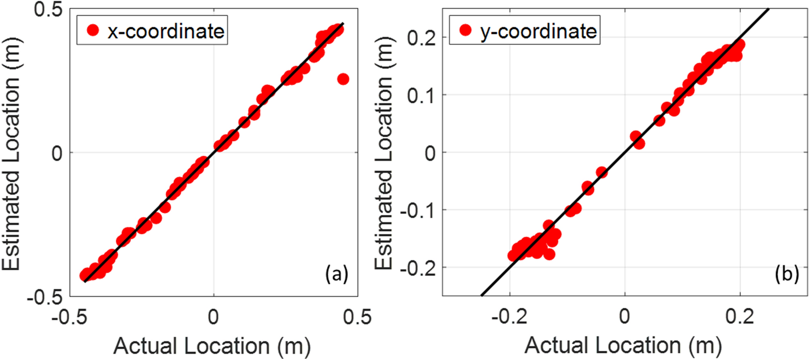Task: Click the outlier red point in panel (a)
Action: pos(343,79)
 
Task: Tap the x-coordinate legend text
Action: pos(166,31)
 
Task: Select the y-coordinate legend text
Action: pos(538,31)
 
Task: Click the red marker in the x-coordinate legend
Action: pos(93,30)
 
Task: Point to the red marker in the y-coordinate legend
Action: pos(466,30)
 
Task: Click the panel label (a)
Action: pos(337,275)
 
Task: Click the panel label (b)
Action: pos(786,275)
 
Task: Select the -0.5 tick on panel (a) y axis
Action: pos(45,298)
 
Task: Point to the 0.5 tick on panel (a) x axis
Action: pos(357,317)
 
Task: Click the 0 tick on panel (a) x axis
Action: pos(213,317)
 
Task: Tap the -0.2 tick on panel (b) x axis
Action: pos(509,317)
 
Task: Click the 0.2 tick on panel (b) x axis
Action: pos(740,317)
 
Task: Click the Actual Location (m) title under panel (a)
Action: pos(212,346)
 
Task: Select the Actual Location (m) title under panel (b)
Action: pos(623,346)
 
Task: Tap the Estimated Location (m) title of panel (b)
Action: pos(383,153)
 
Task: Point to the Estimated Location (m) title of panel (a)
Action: pos(11,154)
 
